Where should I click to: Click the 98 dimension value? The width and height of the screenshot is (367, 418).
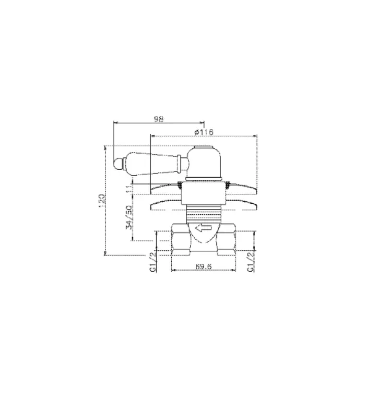(x=159, y=119)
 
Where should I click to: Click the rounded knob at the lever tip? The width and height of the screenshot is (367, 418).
(x=119, y=161)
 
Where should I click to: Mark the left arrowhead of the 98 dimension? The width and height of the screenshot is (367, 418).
(x=115, y=124)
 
